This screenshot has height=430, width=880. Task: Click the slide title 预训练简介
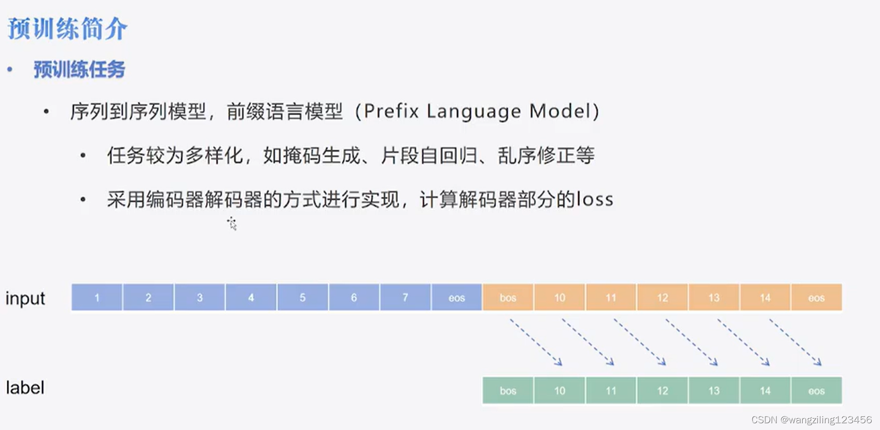[x=67, y=29]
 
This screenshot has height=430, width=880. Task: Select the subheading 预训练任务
[x=79, y=70]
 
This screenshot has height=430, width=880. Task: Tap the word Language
[x=473, y=112]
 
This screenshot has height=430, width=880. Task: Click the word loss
[x=595, y=200]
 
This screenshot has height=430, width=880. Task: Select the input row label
[x=25, y=299]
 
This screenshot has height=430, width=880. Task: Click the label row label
[x=25, y=388]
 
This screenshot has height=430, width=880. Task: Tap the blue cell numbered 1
[x=97, y=298]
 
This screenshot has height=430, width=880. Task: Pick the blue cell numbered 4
[x=251, y=298]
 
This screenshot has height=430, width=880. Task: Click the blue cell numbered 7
[x=405, y=298]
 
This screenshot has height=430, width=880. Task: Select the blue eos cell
[x=456, y=298]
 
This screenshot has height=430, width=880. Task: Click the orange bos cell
[x=508, y=298]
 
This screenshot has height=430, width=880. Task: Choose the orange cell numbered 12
[x=662, y=298]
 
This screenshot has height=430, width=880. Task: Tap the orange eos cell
[x=816, y=298]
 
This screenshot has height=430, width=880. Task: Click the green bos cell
[x=508, y=391]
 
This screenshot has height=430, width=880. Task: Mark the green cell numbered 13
[x=714, y=391]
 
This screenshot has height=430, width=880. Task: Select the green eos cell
[x=816, y=391]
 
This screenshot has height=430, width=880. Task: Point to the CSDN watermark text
[x=812, y=420]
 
